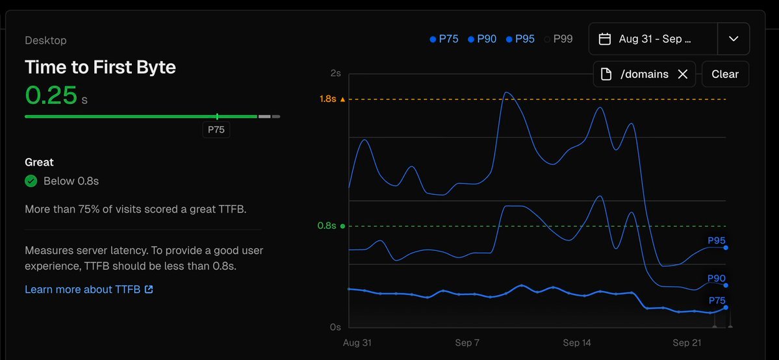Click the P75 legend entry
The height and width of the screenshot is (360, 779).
pyautogui.click(x=444, y=39)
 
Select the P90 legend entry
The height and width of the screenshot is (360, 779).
pyautogui.click(x=482, y=39)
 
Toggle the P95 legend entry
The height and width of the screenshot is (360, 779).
pyautogui.click(x=520, y=39)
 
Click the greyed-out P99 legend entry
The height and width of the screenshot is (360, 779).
pyautogui.click(x=559, y=39)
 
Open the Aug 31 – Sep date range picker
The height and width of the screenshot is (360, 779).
pyautogui.click(x=652, y=39)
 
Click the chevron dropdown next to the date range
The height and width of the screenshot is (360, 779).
pyautogui.click(x=734, y=39)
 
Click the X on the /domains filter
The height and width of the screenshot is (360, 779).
pyautogui.click(x=683, y=74)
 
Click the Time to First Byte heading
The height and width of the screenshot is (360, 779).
pyautogui.click(x=100, y=67)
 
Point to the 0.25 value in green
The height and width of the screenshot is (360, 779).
pyautogui.click(x=51, y=96)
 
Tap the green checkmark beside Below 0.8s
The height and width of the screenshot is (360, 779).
pyautogui.click(x=31, y=181)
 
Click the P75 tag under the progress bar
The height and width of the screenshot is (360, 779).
pyautogui.click(x=216, y=130)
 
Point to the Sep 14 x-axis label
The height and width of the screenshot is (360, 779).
pyautogui.click(x=577, y=342)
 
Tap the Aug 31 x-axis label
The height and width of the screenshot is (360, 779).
pyautogui.click(x=357, y=342)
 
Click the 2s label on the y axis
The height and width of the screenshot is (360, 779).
pyautogui.click(x=335, y=73)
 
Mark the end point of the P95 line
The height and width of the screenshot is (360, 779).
pyautogui.click(x=725, y=248)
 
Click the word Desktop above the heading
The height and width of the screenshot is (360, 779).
pyautogui.click(x=45, y=40)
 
